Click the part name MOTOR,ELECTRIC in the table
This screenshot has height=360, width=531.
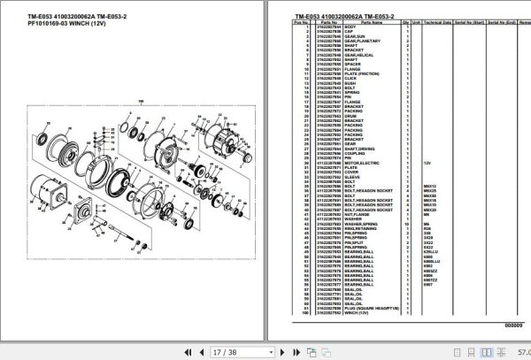coord(362,164)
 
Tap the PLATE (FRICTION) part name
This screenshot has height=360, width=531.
coord(362,73)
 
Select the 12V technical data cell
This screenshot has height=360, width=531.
coord(427,164)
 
